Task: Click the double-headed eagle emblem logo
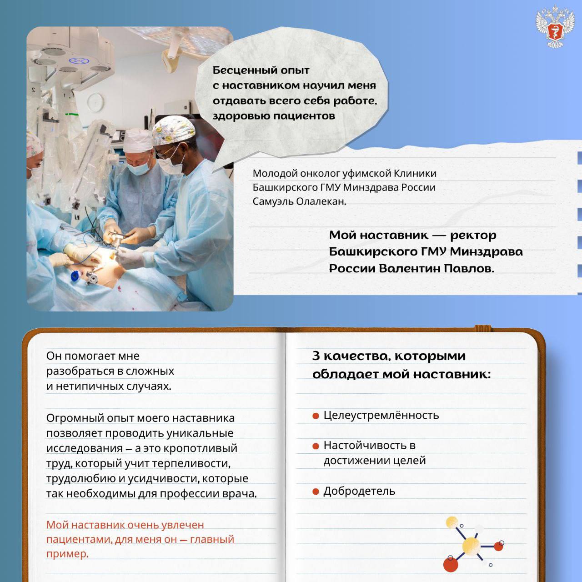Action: coord(555,26)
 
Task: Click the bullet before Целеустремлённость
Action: coord(316,416)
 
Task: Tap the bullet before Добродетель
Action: coord(316,492)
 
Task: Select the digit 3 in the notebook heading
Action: coord(316,356)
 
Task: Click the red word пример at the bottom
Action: coord(67,554)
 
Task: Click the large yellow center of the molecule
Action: coord(471,547)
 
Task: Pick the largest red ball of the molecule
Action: coord(450,564)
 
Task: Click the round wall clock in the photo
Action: coord(96,101)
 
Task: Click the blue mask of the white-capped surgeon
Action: coord(138,168)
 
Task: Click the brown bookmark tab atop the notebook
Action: coord(483,328)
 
